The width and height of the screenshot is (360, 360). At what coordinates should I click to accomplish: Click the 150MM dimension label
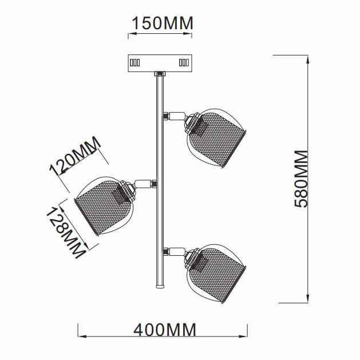[x=163, y=23]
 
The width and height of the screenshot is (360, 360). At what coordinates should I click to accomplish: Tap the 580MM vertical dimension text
[x=301, y=179]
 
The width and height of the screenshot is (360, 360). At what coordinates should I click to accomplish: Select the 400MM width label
[x=165, y=330]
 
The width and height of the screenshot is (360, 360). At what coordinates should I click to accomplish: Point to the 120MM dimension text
[x=75, y=156]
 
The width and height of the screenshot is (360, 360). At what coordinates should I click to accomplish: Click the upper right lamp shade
[x=216, y=138]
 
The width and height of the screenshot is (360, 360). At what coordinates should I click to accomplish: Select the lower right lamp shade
[x=216, y=274]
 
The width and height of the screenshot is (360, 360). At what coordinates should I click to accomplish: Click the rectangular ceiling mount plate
[x=160, y=63]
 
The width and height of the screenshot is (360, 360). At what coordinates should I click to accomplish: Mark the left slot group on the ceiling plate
[x=135, y=62]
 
